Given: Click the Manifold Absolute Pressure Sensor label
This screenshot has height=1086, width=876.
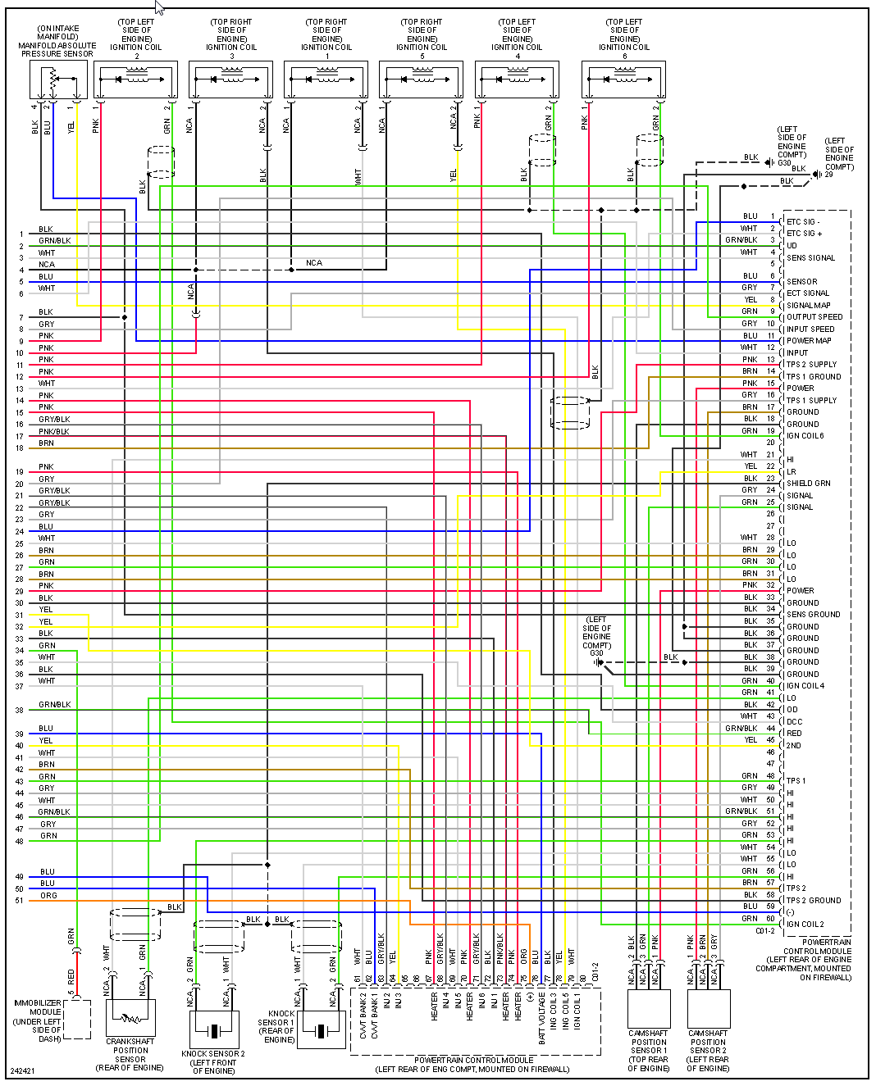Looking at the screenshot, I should pyautogui.click(x=57, y=41).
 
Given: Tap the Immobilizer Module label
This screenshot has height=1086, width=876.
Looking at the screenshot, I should pyautogui.click(x=38, y=1020).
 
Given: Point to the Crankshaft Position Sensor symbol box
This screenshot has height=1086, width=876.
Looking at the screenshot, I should pyautogui.click(x=130, y=1017).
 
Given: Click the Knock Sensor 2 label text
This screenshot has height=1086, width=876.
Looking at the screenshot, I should pyautogui.click(x=213, y=1062).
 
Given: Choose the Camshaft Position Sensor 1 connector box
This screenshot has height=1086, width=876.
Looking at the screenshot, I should pyautogui.click(x=649, y=1007).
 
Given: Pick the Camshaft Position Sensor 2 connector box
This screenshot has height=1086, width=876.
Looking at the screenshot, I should pyautogui.click(x=708, y=1007).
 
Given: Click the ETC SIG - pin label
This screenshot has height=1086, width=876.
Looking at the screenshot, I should pyautogui.click(x=803, y=221).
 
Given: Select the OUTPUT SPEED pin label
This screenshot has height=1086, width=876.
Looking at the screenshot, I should pyautogui.click(x=814, y=316).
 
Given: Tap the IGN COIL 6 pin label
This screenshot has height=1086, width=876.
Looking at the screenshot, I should pyautogui.click(x=805, y=435).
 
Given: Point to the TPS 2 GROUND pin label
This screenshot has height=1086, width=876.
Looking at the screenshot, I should pyautogui.click(x=814, y=900).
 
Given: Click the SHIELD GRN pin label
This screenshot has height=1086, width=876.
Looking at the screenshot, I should pyautogui.click(x=809, y=483).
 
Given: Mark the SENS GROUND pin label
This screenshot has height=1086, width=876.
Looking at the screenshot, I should pyautogui.click(x=814, y=614).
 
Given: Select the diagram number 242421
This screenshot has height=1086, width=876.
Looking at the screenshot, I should pyautogui.click(x=22, y=1071).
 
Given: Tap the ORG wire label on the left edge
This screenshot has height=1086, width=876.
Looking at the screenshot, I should pyautogui.click(x=48, y=896).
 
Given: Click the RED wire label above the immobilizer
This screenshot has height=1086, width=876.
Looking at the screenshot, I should pyautogui.click(x=71, y=976).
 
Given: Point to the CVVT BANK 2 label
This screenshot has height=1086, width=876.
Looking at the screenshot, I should pyautogui.click(x=363, y=1016).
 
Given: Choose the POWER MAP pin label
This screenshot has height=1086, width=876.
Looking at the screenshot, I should pyautogui.click(x=809, y=340).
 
